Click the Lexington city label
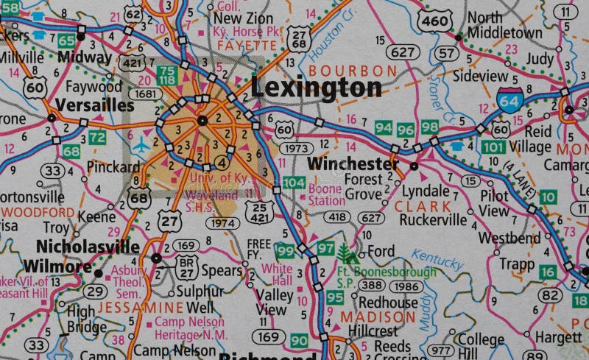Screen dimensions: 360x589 pos(316,87)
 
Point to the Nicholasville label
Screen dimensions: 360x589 pos(88,247)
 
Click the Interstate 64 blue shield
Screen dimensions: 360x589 pos(510,99)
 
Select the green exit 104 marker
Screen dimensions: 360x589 pos(293,183)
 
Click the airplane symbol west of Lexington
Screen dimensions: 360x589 pos(141,145)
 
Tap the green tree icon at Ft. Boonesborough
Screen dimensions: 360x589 pos(346,254)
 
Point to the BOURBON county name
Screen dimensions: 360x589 pos(353,70)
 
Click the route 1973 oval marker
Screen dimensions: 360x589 pos(297,149)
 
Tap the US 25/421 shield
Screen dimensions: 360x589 pos(258,211)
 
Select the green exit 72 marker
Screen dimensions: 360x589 pos(96,137)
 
